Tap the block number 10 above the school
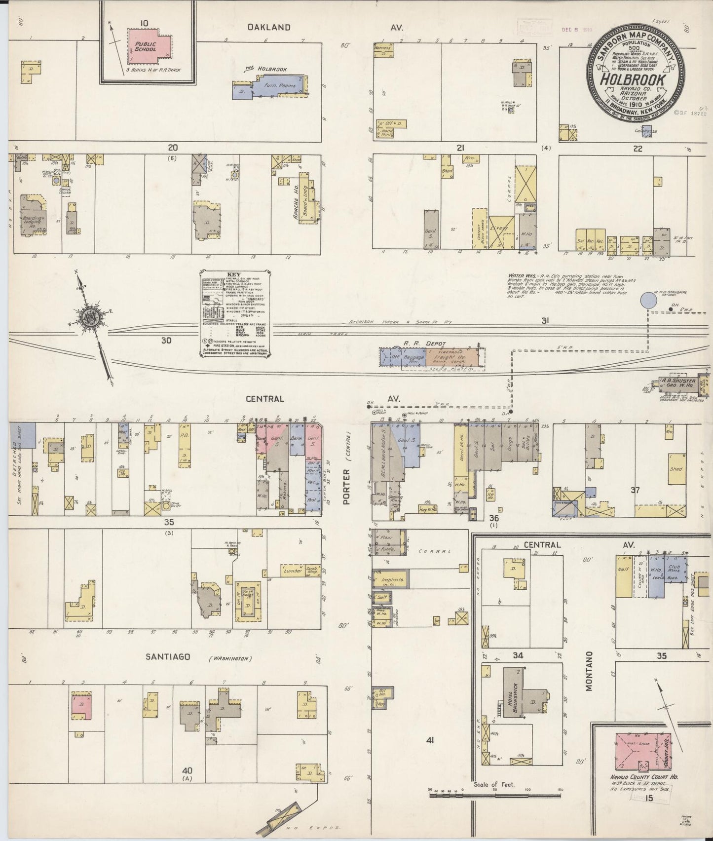[x=130, y=23]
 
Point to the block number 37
[x=635, y=490]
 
